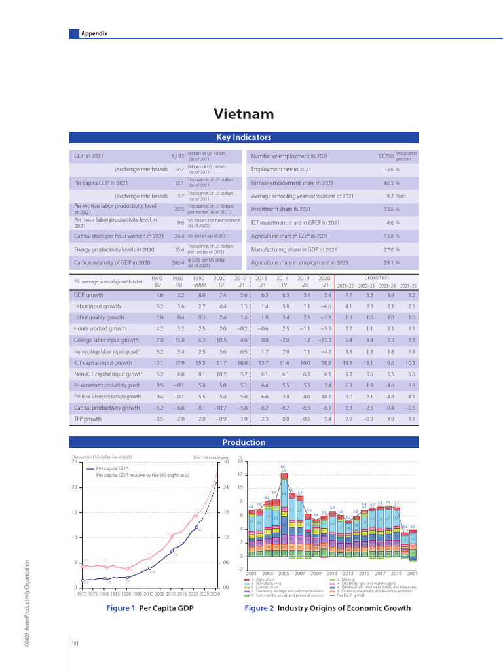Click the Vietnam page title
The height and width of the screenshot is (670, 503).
click(x=244, y=115)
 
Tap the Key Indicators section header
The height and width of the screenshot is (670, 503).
click(x=244, y=137)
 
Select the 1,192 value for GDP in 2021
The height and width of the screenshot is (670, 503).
click(x=177, y=156)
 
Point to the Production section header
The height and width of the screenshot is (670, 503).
click(x=244, y=442)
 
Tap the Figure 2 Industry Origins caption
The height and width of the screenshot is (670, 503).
click(x=327, y=608)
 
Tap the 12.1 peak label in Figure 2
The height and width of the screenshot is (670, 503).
click(x=284, y=467)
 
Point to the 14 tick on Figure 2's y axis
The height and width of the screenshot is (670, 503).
click(x=240, y=462)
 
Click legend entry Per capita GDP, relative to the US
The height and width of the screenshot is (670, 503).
click(x=141, y=475)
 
